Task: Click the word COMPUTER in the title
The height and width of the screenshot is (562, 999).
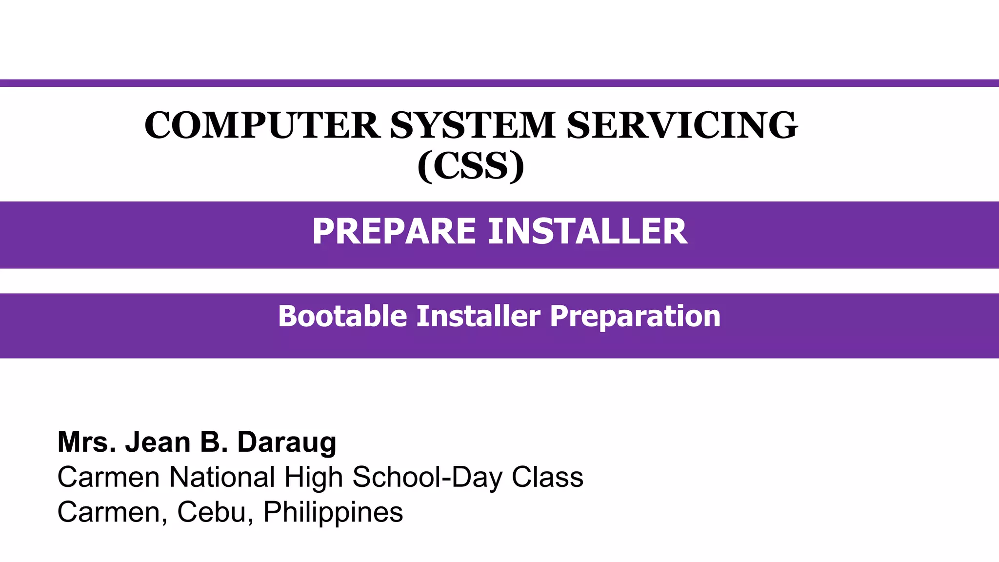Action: tap(262, 125)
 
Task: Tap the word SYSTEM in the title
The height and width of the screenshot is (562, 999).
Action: tap(472, 125)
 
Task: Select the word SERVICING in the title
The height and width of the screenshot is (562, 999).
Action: tap(682, 125)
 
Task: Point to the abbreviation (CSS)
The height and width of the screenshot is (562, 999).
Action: tap(471, 166)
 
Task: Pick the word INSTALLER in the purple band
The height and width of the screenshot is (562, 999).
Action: tap(587, 231)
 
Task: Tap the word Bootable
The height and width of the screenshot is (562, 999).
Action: tap(342, 316)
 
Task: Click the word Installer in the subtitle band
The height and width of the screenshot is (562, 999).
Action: tap(478, 316)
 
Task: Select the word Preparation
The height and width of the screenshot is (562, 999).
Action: tap(635, 316)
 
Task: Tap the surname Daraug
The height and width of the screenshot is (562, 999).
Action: tap(287, 442)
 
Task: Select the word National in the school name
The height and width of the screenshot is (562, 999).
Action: tap(222, 477)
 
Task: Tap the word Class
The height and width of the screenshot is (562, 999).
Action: tap(547, 477)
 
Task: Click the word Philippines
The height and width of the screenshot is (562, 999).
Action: tap(333, 512)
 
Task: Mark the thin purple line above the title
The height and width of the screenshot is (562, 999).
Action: tap(499, 83)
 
